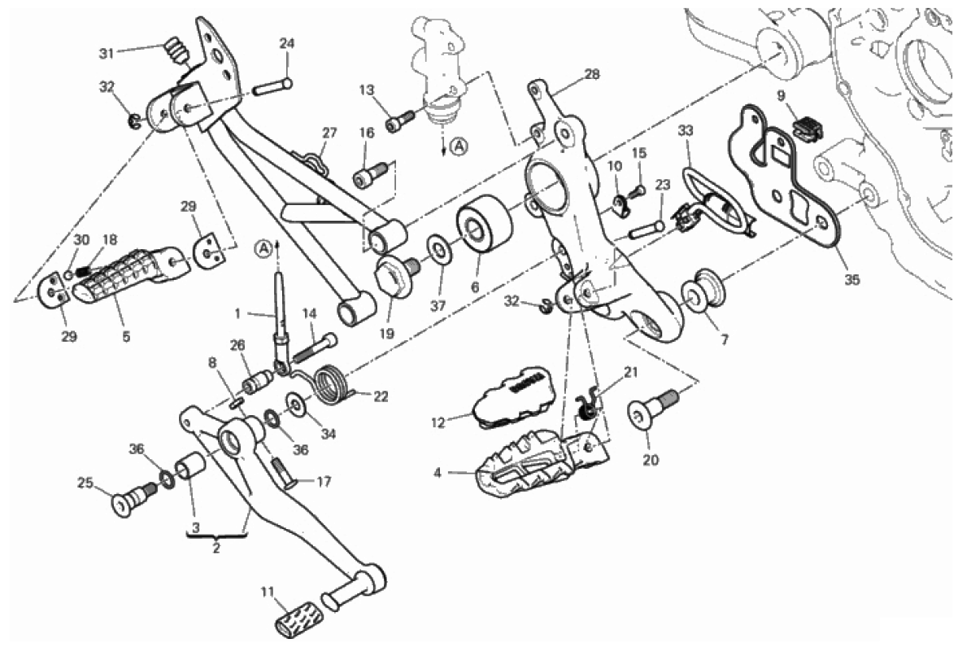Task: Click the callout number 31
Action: click(x=107, y=54)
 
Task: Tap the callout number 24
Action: click(x=287, y=43)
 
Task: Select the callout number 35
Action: click(x=851, y=279)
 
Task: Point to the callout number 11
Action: click(x=268, y=593)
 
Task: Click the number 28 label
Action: click(x=592, y=74)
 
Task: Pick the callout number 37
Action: click(x=438, y=306)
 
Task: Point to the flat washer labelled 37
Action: click(x=438, y=249)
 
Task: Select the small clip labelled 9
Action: click(x=807, y=127)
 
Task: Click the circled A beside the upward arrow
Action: click(x=263, y=248)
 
